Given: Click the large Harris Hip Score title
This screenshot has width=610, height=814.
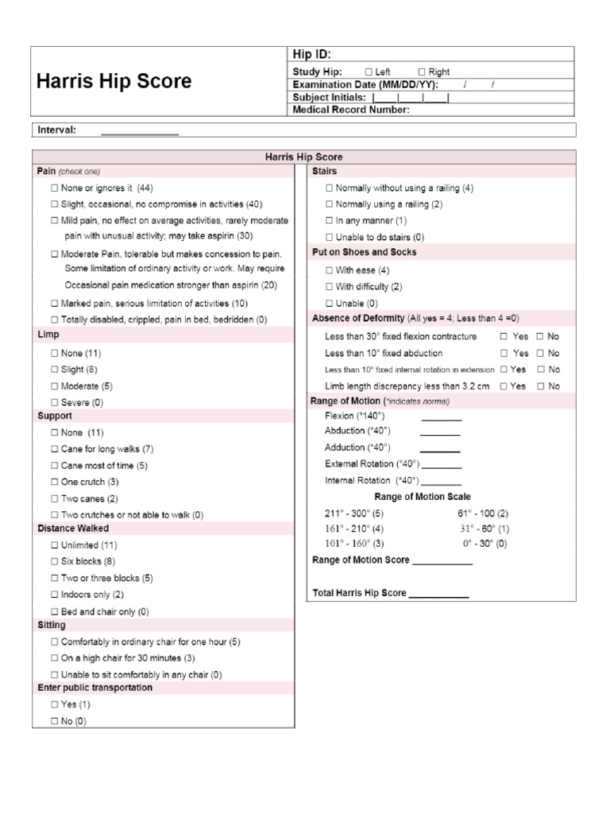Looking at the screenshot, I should tap(114, 81).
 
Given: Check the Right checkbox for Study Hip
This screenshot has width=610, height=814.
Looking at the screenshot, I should tap(422, 72).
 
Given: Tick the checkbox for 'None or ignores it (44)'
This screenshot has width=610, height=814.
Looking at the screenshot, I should tap(54, 188).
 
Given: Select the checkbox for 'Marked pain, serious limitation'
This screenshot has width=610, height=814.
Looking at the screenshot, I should tap(54, 304).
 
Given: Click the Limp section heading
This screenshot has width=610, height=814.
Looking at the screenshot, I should tap(48, 335).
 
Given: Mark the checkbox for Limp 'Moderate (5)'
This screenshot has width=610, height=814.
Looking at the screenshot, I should tap(54, 386).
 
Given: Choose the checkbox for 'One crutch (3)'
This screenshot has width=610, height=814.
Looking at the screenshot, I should tap(54, 482).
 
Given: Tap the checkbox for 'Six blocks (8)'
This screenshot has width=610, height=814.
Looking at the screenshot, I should tap(54, 561).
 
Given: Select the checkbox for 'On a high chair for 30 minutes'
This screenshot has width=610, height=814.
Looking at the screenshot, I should tap(54, 658).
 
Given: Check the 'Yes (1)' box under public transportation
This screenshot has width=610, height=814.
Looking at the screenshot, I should tap(54, 704).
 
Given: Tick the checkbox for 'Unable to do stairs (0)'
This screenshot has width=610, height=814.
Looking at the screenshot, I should tap(329, 237).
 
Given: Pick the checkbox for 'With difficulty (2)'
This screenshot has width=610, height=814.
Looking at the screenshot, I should tap(329, 287).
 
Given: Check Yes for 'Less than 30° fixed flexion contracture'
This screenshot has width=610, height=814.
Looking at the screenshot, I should tap(504, 336).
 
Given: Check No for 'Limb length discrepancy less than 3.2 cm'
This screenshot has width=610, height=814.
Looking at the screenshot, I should tap(540, 386).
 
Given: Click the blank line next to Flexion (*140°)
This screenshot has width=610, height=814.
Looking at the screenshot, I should tap(441, 419).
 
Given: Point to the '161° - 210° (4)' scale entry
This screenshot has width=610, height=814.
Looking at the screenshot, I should tap(354, 528).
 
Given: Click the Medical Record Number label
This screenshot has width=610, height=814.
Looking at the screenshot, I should tap(351, 110).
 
